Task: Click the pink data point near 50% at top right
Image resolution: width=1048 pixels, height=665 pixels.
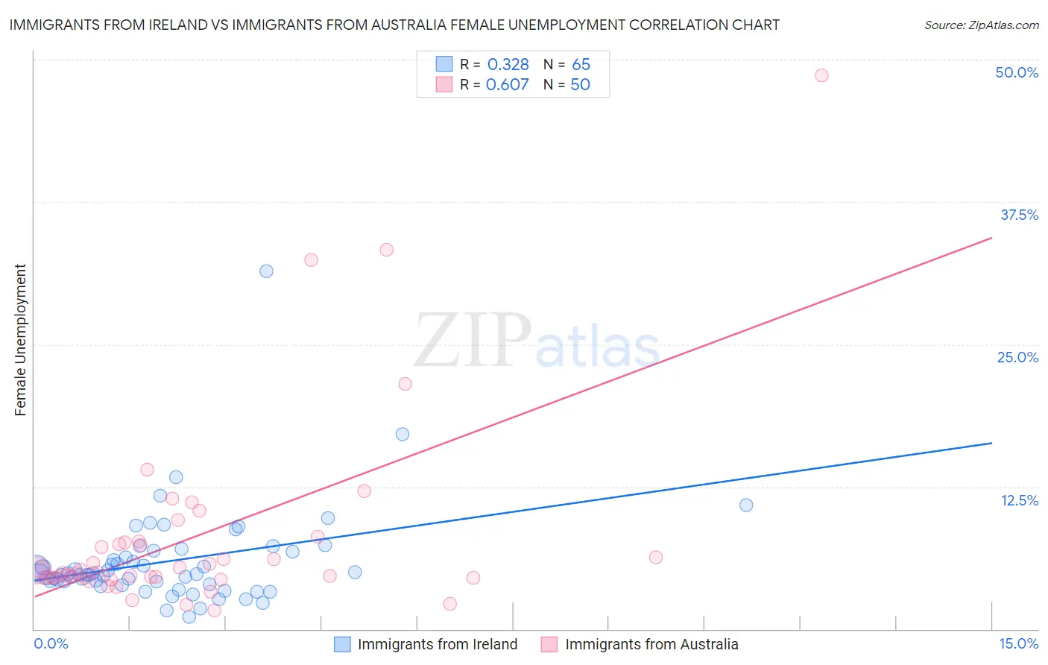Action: [821, 75]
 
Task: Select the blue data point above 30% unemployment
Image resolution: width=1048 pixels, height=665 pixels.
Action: [266, 271]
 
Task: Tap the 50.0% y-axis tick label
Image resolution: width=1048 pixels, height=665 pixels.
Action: [1017, 72]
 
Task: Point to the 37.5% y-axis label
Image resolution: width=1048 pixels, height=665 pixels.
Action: [1019, 215]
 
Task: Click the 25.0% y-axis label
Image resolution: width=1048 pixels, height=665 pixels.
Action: [1017, 357]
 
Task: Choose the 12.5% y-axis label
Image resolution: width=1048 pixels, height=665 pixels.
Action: [1019, 500]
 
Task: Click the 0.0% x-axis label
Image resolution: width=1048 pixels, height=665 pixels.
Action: [51, 643]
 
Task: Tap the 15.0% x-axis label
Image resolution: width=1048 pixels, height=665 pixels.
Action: [1018, 643]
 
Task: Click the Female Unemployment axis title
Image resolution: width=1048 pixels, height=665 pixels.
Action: [20, 340]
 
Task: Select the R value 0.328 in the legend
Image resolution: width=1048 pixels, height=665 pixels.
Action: [508, 65]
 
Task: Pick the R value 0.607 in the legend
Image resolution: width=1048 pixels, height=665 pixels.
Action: [507, 85]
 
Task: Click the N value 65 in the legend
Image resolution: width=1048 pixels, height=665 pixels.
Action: [581, 65]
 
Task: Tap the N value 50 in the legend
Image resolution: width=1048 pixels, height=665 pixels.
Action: [580, 85]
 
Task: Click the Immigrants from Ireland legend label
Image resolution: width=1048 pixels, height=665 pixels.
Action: [437, 644]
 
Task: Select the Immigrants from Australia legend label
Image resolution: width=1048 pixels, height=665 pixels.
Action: [651, 644]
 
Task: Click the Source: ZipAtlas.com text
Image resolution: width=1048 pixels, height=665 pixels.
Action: [981, 25]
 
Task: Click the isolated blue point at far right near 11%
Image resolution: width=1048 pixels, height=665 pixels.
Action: [746, 505]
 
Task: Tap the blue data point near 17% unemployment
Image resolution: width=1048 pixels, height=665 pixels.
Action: [403, 435]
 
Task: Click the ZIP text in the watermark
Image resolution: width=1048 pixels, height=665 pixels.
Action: [473, 341]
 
